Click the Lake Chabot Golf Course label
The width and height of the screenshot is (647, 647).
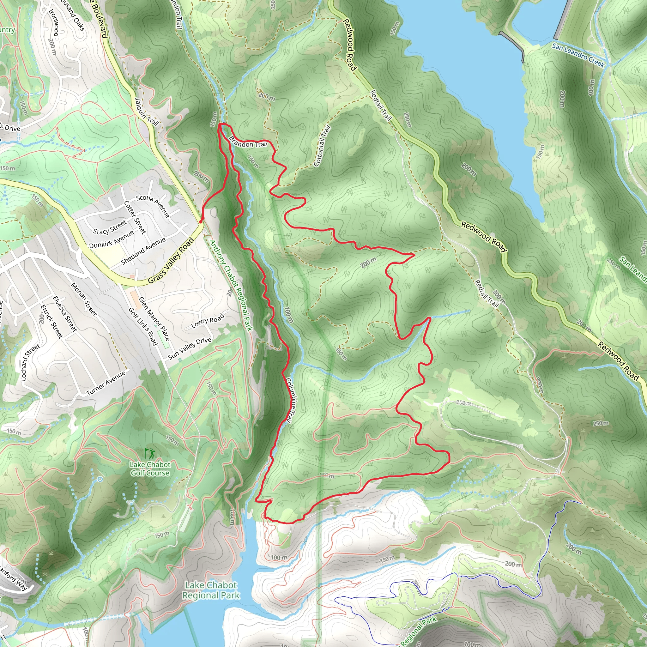(x=150, y=469)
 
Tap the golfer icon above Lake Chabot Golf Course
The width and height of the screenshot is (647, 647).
(x=149, y=454)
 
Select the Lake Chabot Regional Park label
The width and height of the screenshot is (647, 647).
(x=211, y=590)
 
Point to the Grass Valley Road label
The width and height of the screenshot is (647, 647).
(x=171, y=260)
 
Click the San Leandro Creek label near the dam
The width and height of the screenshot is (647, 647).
(x=578, y=55)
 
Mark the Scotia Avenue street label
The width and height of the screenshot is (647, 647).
(x=153, y=206)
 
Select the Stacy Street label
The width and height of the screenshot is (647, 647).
(x=110, y=227)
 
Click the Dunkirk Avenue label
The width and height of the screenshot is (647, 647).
(x=112, y=239)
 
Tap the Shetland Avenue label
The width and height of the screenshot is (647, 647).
(x=143, y=251)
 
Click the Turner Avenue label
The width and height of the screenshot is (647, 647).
(x=106, y=383)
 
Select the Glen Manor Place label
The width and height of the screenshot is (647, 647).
(x=154, y=318)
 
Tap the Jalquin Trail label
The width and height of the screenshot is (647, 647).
(x=146, y=112)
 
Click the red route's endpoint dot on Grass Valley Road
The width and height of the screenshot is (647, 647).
(x=201, y=221)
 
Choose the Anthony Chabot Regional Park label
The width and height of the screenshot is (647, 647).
(x=231, y=285)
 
